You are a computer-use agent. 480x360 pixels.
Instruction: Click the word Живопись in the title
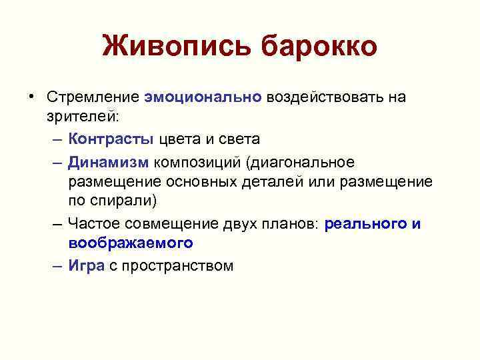(x=176, y=47)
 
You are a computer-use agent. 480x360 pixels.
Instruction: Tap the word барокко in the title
(x=319, y=47)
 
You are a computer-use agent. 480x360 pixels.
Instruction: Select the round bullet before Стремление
(x=31, y=97)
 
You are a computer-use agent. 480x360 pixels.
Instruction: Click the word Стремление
(x=93, y=97)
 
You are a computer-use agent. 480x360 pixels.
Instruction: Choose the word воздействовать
(x=325, y=97)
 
